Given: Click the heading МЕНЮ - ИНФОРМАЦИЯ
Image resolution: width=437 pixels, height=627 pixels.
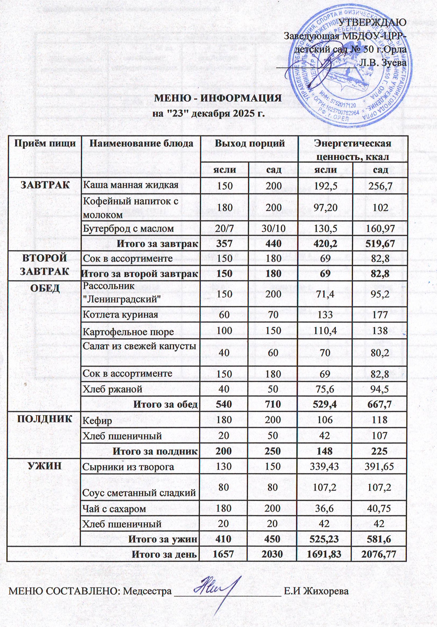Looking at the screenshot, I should coord(218,98).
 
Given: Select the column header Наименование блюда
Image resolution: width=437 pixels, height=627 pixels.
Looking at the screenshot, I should coord(141,143).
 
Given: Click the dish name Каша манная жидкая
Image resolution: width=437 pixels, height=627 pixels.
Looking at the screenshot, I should coord(131,185).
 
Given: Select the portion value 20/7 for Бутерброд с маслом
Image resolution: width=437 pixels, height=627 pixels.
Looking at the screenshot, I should coord(224,228).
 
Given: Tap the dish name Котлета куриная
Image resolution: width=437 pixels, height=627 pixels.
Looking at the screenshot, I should coord(120,315).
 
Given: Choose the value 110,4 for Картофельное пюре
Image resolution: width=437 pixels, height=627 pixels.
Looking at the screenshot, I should coord(325,331).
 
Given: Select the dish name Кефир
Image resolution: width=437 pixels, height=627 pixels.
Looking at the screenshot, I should coord(97,421).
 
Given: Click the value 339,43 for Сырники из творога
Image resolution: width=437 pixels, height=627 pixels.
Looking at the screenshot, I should coord(325,467).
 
